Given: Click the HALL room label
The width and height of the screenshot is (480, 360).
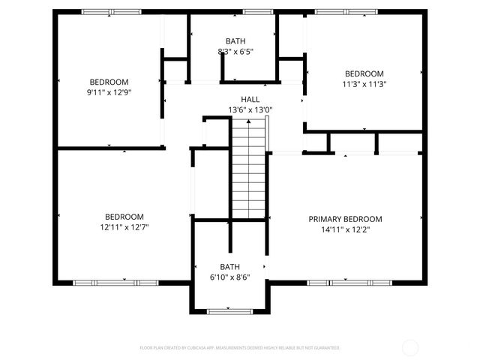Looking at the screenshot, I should tap(250, 99).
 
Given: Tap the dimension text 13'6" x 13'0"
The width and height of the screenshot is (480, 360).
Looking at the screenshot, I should tap(250, 109).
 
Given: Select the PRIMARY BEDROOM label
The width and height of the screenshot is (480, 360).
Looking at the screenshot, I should tap(345, 219).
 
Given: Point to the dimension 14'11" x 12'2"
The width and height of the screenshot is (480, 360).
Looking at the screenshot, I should tap(345, 229).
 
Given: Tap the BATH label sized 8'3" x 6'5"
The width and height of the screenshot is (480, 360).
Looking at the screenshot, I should tap(235, 41).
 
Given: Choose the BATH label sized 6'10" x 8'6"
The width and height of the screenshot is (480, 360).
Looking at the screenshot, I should tap(229, 266).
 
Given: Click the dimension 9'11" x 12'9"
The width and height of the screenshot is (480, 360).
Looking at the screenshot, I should tap(109, 92).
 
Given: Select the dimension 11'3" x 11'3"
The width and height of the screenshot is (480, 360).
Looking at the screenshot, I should tap(364, 84).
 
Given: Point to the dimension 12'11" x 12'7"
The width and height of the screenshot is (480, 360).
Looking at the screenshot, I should tap(124, 227).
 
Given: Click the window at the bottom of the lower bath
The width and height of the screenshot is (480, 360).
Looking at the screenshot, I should tap(229, 310).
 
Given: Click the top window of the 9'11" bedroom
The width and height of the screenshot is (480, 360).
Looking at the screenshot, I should tap(110, 12).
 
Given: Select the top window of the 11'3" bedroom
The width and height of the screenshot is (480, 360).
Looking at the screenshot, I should tap(346, 12).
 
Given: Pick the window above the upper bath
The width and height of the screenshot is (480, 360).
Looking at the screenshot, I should tap(258, 12).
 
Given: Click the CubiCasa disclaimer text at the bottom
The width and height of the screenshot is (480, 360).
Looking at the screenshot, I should tap(240, 348).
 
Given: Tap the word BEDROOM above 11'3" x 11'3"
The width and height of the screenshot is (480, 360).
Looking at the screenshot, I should tap(364, 73).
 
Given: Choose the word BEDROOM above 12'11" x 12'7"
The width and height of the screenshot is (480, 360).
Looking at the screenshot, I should tap(124, 217).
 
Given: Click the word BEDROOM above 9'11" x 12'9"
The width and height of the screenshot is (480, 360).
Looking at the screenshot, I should tap(109, 82).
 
